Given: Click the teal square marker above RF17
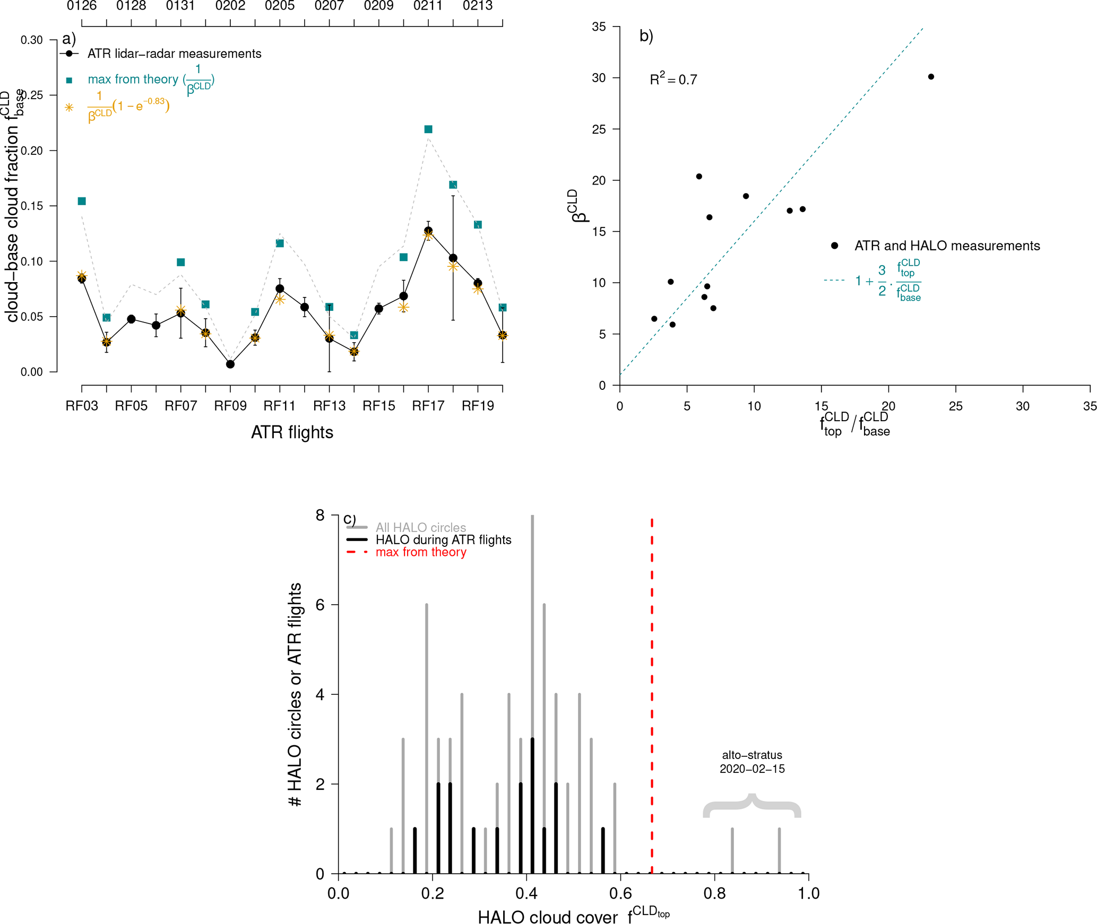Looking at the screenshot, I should (428, 129).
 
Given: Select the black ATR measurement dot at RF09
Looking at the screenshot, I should (230, 364).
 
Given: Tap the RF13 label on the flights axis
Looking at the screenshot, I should (329, 406).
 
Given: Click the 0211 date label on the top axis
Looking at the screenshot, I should (428, 6).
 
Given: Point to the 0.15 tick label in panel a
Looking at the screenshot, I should (32, 206).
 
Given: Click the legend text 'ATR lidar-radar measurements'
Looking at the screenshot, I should (174, 54).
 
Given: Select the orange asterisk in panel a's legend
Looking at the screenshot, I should (69, 107).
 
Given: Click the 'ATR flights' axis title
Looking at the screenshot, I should (292, 432).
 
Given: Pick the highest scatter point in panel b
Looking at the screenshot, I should (931, 77).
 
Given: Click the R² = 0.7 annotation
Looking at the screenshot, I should (673, 80).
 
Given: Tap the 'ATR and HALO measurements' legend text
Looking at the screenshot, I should (947, 246).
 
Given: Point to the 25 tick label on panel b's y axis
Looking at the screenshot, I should (599, 129).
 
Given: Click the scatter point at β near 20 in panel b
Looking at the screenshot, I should (699, 177).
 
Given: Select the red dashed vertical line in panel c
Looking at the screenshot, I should (652, 690).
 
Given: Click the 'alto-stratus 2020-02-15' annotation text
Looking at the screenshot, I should (752, 762).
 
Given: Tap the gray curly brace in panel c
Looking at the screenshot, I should (752, 805).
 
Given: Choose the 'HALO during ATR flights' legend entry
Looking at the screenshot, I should (443, 540).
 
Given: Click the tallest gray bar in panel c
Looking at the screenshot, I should (532, 637).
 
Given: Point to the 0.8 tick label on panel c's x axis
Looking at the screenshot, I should (714, 893).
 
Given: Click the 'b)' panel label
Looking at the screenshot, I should (646, 36).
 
